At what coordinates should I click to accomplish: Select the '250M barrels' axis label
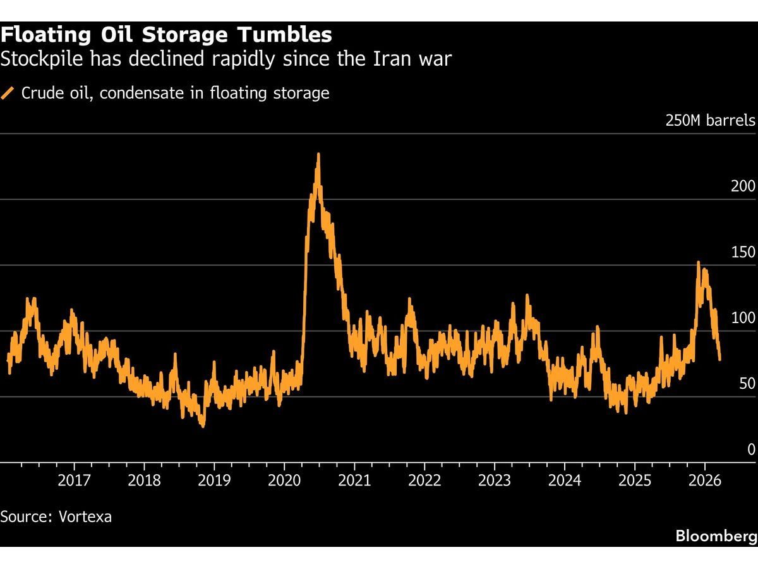[710, 121]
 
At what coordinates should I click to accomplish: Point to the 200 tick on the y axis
[743, 187]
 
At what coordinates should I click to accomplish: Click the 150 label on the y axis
[743, 252]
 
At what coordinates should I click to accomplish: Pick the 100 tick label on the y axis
[743, 318]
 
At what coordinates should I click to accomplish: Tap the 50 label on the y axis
[747, 384]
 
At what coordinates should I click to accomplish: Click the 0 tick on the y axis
[751, 450]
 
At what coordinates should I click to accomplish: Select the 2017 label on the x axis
[74, 481]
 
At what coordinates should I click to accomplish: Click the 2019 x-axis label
[214, 481]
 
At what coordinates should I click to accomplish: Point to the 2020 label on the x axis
[284, 481]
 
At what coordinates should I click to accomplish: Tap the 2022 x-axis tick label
[424, 481]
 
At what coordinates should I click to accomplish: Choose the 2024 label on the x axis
[565, 481]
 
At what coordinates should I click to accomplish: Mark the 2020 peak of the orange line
[318, 154]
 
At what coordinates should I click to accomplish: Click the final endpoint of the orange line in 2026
[720, 359]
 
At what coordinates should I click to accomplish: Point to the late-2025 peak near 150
[698, 262]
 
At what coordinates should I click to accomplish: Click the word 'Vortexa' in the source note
[85, 517]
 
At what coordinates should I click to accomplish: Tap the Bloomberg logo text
[716, 536]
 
